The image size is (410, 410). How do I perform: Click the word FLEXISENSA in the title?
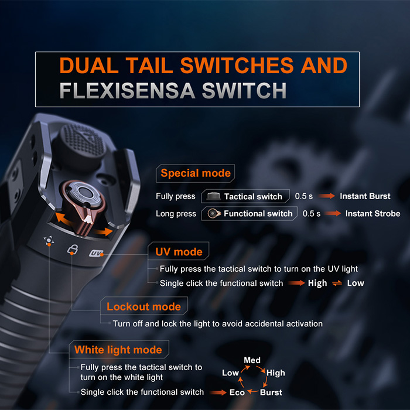click(x=127, y=90)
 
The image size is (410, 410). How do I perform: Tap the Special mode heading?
click(x=196, y=173)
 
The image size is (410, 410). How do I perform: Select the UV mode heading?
click(x=179, y=251)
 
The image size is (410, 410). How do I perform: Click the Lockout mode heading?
click(x=143, y=306)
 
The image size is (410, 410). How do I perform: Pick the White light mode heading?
click(x=118, y=350)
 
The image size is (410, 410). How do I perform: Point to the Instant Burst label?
click(x=365, y=196)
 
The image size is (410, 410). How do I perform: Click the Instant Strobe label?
click(x=373, y=214)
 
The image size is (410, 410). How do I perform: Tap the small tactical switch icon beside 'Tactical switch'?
click(x=213, y=196)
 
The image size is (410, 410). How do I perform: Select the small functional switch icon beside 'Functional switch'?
click(x=214, y=214)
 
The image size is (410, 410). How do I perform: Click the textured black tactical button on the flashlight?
click(x=81, y=144)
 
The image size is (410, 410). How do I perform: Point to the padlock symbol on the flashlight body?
click(x=73, y=249)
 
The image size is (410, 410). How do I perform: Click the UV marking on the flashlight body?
click(x=95, y=253)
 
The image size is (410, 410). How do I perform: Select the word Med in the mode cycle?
click(x=252, y=360)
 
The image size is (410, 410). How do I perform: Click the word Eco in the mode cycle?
click(x=237, y=392)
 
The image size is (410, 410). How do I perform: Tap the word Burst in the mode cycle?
click(x=271, y=392)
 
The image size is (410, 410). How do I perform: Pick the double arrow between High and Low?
click(x=337, y=283)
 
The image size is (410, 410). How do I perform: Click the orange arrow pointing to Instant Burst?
click(x=327, y=196)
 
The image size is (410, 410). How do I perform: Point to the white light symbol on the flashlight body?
click(x=49, y=241)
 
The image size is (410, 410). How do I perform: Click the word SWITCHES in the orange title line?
click(x=237, y=66)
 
